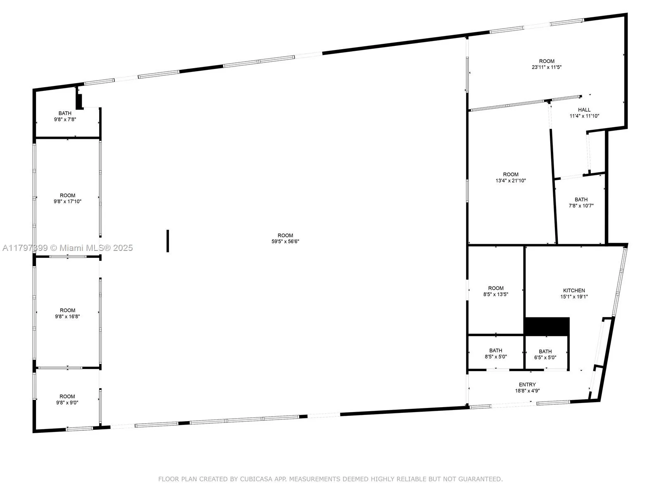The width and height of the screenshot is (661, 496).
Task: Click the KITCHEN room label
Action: [574, 291]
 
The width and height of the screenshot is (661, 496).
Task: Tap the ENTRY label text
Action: [527, 384]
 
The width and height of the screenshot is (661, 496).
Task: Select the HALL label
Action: [584, 110]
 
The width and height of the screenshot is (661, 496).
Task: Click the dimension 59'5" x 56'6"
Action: [285, 241]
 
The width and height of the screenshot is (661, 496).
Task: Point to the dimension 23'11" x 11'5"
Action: [547, 67]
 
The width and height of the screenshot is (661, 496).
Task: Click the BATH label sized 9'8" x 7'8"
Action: [65, 113]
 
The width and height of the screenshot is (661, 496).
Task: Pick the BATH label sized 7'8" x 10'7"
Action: [581, 199]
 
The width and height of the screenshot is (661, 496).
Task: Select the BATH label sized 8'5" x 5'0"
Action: [496, 351]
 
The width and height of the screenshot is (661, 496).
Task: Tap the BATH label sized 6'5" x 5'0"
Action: [545, 351]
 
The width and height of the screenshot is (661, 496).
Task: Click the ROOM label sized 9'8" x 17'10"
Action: [67, 196]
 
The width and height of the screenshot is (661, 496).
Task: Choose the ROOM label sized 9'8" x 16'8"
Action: [67, 310]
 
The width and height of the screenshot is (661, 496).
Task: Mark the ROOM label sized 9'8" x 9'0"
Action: [67, 396]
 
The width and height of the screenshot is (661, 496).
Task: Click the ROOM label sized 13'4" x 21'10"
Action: [511, 174]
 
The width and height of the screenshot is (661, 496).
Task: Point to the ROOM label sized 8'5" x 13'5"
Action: [496, 288]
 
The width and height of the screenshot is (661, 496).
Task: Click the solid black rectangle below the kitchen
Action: [547, 327]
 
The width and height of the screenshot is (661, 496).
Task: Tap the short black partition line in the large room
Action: [168, 241]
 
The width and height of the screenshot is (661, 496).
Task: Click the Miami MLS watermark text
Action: [91, 248]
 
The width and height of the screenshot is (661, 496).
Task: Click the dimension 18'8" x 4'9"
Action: [527, 391]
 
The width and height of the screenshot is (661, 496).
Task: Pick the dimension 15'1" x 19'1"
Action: [574, 297]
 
